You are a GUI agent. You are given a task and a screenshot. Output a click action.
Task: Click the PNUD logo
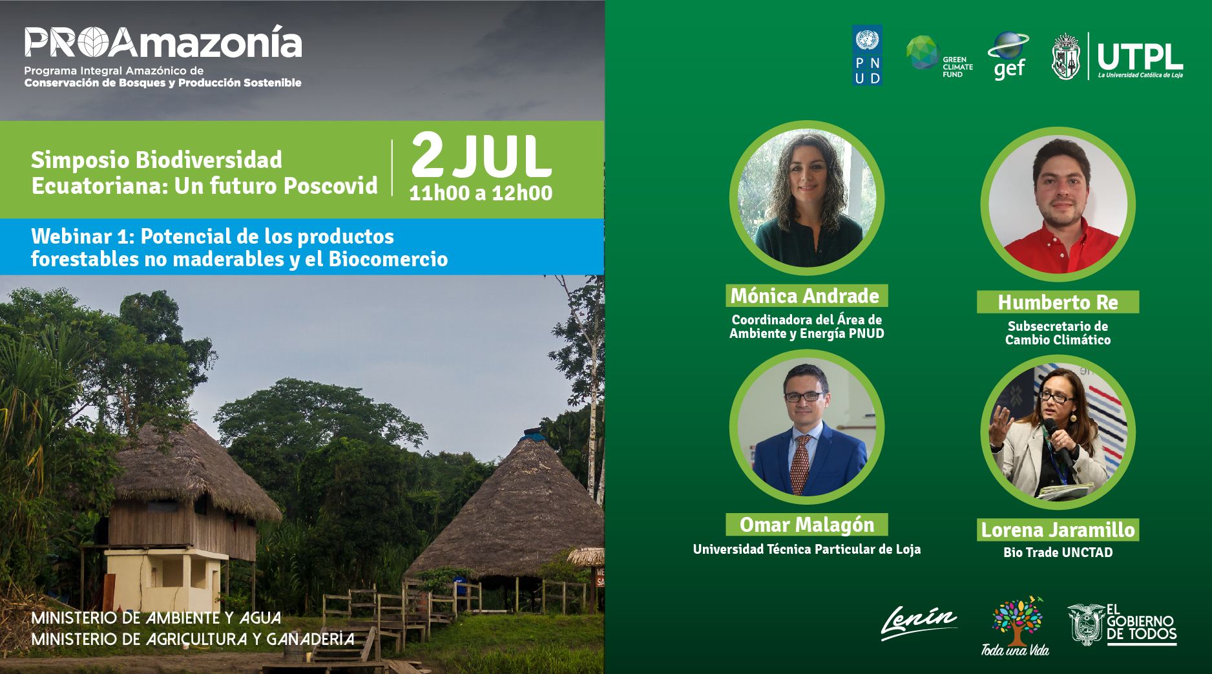click(867, 56)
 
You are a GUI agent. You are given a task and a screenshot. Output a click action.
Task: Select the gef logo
click(1008, 56)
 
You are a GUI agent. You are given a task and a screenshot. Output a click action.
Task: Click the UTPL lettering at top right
click(1140, 57)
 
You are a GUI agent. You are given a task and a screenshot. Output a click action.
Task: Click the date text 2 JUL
click(481, 156)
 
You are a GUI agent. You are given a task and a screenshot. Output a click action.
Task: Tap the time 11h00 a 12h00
click(481, 193)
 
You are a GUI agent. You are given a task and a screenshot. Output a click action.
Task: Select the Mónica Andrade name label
click(806, 295)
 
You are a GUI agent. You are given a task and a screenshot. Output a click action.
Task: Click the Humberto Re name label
click(1058, 302)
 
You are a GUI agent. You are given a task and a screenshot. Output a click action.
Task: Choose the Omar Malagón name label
click(807, 525)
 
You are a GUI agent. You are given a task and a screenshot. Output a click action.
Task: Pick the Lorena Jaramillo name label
click(1058, 530)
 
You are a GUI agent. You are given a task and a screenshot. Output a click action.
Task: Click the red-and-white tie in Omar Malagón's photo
click(800, 464)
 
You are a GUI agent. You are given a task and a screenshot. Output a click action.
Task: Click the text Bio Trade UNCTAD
click(1058, 553)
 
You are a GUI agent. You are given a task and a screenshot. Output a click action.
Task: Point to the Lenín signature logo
click(919, 622)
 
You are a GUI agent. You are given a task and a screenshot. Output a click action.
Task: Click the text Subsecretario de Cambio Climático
click(1058, 333)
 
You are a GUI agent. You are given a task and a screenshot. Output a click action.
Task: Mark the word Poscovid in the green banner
click(331, 186)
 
